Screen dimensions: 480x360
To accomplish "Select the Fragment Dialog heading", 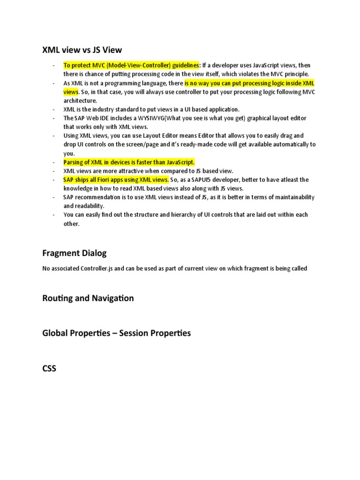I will click(x=75, y=253).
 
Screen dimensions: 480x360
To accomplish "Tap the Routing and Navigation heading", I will click(x=88, y=298).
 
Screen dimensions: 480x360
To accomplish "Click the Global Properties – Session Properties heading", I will click(x=117, y=333).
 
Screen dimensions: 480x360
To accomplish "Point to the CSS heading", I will click(x=49, y=368).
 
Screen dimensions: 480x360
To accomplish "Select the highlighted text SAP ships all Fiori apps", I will click(x=116, y=180).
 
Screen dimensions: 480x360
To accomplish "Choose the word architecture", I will click(x=80, y=100).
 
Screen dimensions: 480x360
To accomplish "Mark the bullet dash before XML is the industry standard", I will click(x=55, y=109).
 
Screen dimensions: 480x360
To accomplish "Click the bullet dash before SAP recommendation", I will click(x=55, y=197).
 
